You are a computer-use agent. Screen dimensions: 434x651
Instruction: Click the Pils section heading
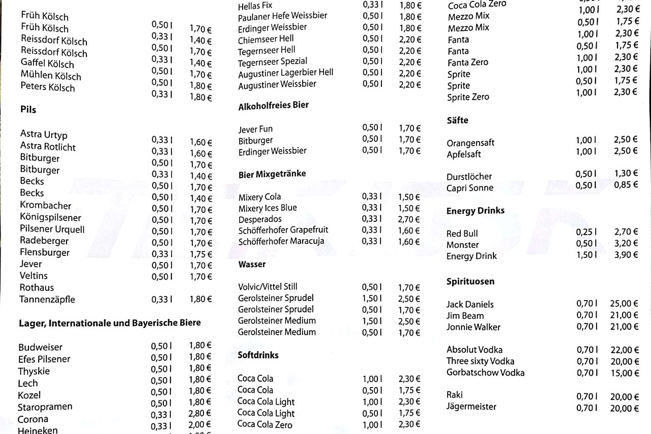28,109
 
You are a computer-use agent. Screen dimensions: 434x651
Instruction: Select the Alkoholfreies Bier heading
273,106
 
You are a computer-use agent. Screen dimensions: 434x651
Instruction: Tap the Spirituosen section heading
470,281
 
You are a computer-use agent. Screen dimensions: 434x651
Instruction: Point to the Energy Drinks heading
475,211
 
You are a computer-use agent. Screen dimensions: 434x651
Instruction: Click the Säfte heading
457,121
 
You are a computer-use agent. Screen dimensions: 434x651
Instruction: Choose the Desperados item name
259,219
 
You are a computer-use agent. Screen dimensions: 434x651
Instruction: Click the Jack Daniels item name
469,304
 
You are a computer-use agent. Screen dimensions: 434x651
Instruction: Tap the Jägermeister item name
471,407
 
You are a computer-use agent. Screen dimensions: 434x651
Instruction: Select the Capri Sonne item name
469,188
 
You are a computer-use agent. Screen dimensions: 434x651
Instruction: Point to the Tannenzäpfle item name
47,299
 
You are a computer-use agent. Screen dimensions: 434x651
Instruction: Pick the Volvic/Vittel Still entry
268,287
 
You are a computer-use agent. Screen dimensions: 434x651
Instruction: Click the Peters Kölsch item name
47,87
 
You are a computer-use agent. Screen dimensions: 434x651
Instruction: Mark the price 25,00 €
624,304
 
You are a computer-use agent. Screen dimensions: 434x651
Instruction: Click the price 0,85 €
626,185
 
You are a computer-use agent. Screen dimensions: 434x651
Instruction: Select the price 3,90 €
626,255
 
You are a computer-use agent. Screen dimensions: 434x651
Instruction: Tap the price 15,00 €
624,373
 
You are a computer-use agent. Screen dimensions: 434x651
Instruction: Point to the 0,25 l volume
586,232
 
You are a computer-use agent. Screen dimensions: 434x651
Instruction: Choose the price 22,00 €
624,350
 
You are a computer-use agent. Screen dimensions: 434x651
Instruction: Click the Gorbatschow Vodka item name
485,372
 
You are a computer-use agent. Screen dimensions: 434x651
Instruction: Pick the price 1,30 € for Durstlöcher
626,173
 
